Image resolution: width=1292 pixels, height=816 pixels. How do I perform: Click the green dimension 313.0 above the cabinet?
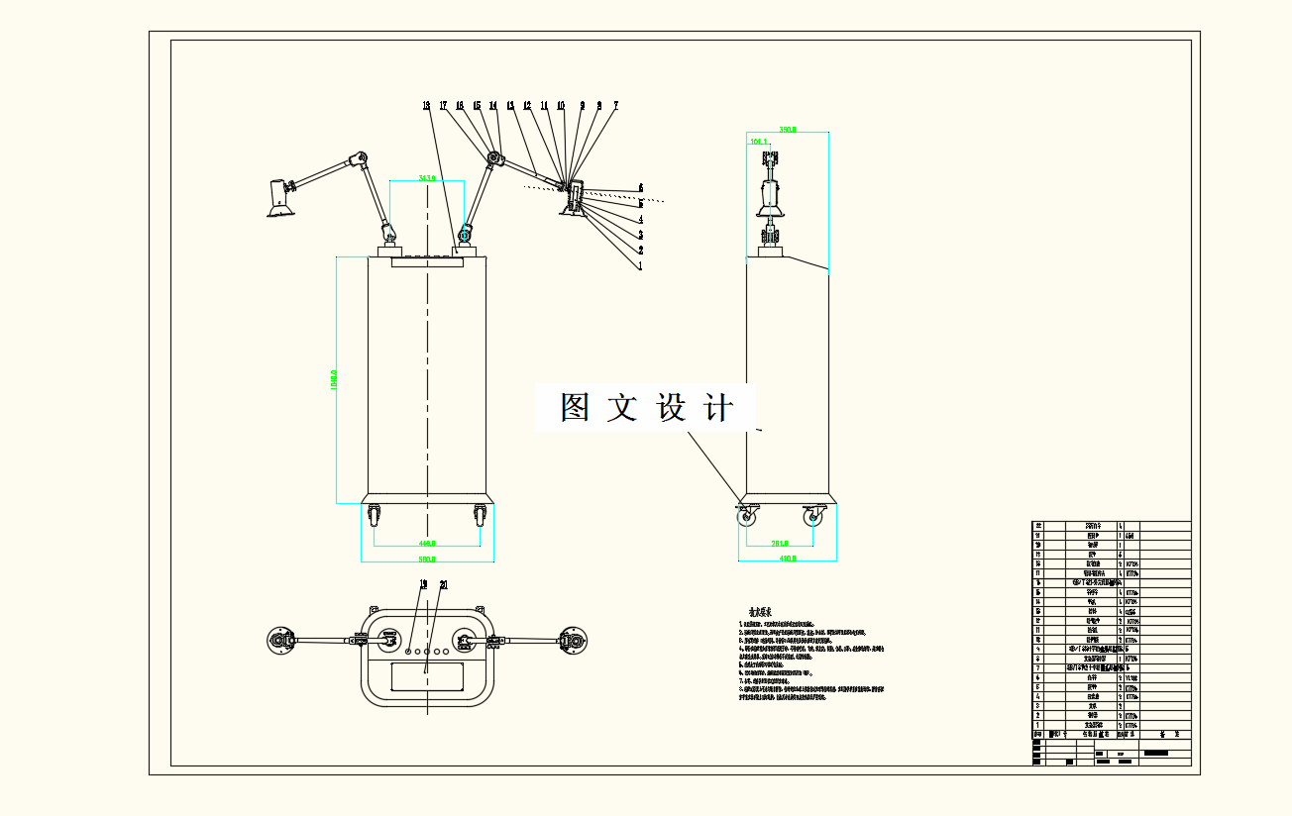coord(427,178)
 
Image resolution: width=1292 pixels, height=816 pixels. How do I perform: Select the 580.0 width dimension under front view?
coord(427,559)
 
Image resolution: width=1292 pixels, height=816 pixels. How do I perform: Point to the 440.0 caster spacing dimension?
coord(427,544)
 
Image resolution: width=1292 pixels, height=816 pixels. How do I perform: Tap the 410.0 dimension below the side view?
coord(788,558)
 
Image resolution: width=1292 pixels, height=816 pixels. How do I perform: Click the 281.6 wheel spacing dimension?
coord(779,543)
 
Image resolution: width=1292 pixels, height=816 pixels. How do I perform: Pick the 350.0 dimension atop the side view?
coord(788,130)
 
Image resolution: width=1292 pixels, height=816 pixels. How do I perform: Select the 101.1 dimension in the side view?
coord(760,143)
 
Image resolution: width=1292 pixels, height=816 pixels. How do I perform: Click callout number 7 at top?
coord(615,104)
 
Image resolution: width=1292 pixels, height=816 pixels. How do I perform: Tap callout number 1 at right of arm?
coord(640,265)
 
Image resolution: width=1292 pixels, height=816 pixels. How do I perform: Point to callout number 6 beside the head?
coord(641,186)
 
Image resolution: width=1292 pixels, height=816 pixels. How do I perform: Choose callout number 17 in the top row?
coord(444,104)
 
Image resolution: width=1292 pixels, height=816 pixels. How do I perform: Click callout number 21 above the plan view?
coord(443,584)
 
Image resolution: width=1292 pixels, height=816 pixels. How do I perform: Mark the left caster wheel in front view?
coord(375,516)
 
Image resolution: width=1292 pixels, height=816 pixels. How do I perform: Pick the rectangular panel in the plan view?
coord(427,677)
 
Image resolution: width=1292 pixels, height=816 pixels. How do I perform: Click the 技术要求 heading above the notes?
coord(760,612)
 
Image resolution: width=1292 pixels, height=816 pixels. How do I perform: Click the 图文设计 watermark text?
coord(646,408)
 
